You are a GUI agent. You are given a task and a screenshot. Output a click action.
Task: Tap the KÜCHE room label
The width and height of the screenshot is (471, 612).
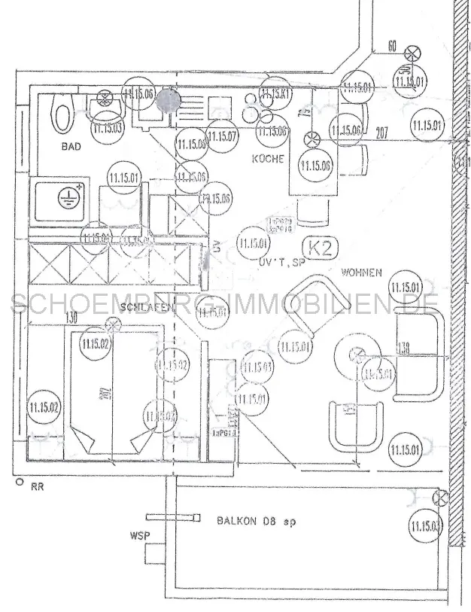click(268, 159)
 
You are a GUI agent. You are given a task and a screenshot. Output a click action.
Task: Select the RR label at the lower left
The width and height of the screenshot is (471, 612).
click(37, 487)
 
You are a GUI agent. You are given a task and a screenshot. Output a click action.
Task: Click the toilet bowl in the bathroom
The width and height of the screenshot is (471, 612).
click(62, 117)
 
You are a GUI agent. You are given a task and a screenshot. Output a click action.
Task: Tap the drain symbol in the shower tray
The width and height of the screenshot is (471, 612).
click(68, 197)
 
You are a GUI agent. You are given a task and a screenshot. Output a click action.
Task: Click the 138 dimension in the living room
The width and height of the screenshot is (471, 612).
click(405, 349)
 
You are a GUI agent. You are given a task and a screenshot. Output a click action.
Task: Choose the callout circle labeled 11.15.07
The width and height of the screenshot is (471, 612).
click(223, 136)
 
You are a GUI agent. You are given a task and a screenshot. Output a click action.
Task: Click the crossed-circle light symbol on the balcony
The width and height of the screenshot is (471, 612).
click(441, 498)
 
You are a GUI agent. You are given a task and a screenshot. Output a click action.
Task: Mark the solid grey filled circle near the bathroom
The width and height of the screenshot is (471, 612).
click(168, 102)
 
